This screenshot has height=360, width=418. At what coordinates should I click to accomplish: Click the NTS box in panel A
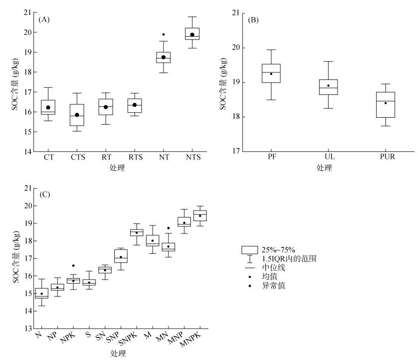pos(192,34)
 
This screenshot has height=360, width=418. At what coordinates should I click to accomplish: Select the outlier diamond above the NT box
pos(164,34)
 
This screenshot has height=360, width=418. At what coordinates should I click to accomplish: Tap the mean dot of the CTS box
pos(77,115)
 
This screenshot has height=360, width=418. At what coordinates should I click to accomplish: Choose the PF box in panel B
pos(272,73)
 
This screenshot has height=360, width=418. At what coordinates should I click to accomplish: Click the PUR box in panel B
pos(385,104)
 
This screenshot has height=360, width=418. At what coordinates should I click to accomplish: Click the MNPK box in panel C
pos(200,216)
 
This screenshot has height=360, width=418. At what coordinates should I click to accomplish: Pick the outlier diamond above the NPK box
pos(74,266)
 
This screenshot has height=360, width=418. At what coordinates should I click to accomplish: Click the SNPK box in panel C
pos(137,232)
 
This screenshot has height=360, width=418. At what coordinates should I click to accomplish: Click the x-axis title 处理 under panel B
pos(324,168)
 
